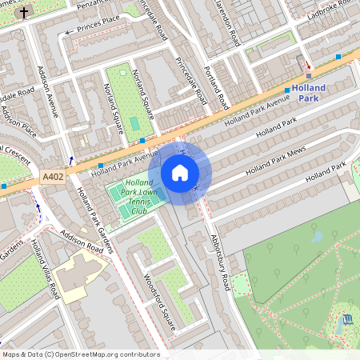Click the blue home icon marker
click(180, 173)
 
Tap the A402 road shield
click(53, 177)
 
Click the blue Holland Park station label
click(308, 93)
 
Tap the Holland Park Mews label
click(277, 160)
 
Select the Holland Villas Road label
click(44, 269)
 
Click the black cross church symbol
click(24, 12)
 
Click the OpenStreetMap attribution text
click(80, 354)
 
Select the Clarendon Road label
click(229, 24)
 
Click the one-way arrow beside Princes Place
click(69, 32)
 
